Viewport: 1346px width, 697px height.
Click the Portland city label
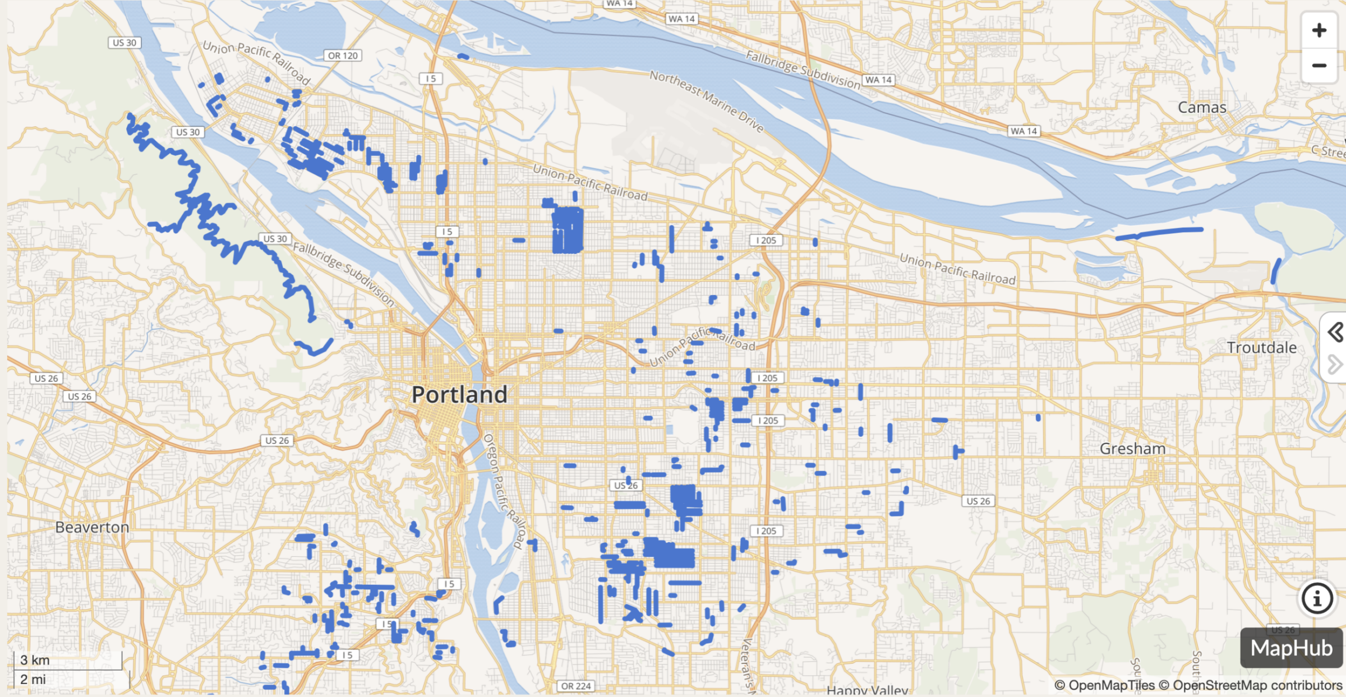[459, 395]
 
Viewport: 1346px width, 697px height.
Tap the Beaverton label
[92, 527]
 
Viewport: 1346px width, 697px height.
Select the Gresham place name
[1132, 449]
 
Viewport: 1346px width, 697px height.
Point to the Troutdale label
[1261, 348]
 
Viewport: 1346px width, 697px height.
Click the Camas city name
[1202, 107]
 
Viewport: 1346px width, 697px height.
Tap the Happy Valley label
[867, 690]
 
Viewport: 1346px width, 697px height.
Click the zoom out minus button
[1319, 66]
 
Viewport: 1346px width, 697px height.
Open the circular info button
[1316, 598]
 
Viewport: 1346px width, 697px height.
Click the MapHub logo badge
[1291, 648]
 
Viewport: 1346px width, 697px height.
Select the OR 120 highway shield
[343, 56]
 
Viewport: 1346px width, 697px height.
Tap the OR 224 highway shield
[576, 686]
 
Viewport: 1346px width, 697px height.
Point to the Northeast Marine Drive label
[707, 101]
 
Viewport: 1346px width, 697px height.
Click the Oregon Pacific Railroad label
[503, 491]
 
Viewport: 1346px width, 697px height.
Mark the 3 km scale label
[35, 660]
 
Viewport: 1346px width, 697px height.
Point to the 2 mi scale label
[33, 680]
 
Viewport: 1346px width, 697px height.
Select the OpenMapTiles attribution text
[1104, 685]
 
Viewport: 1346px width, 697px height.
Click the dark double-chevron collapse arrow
[1335, 332]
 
